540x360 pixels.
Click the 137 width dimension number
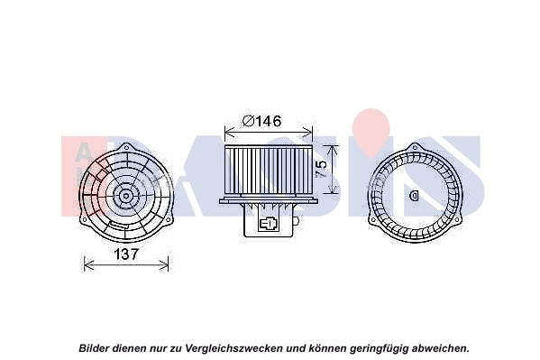(125, 254)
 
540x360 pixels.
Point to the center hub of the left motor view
(125, 194)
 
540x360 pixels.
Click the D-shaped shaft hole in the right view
(415, 194)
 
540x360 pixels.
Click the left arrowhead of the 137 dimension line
(86, 263)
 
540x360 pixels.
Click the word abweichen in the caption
(439, 347)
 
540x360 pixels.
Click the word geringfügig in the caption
(376, 347)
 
